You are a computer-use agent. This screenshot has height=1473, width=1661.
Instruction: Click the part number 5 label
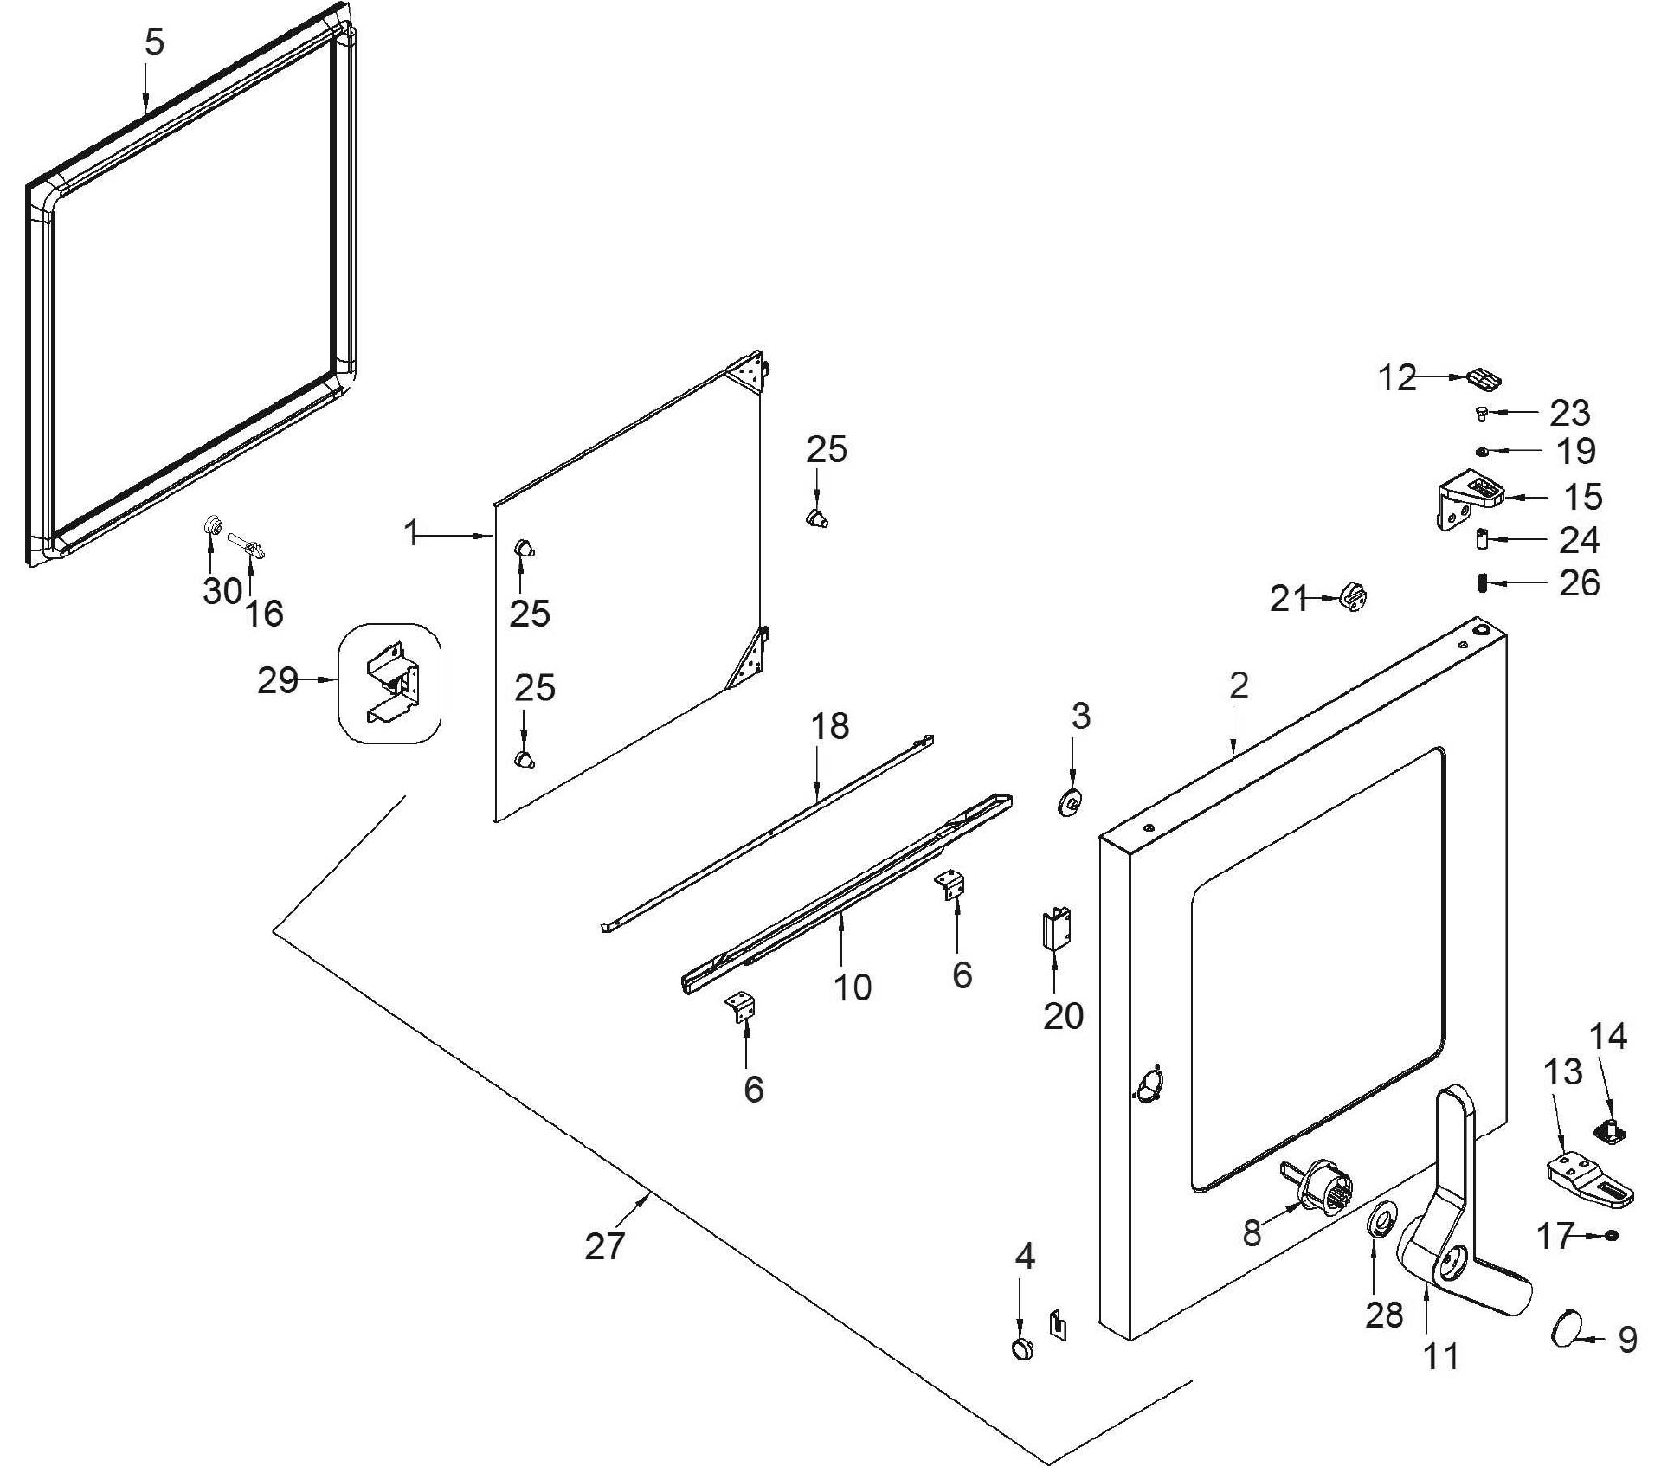154,42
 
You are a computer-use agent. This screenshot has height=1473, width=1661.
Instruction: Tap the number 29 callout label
278,680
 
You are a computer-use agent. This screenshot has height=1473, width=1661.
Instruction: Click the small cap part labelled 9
1566,1326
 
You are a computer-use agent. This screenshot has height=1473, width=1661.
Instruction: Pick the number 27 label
604,1246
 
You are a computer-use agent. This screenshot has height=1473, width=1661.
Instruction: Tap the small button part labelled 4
1022,1347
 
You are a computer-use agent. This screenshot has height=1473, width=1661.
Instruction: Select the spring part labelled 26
1482,584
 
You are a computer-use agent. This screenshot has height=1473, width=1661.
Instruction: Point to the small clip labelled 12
1484,379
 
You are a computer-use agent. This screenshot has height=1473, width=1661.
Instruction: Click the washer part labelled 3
1071,802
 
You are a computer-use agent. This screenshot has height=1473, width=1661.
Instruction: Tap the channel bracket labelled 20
1056,929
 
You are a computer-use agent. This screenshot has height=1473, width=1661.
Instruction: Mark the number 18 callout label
829,726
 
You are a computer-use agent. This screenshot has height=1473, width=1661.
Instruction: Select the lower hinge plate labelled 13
1588,1177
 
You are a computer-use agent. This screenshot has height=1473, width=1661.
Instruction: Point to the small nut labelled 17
1611,1236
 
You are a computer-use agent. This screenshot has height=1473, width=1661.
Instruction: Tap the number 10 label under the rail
852,987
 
